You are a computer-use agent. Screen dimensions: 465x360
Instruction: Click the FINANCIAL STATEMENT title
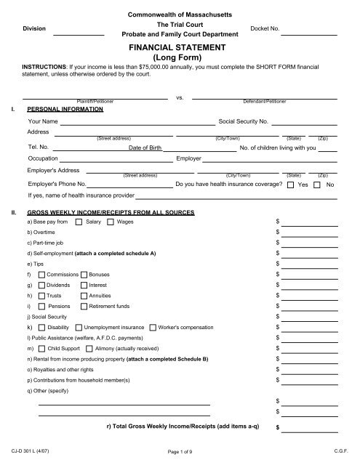(x=180, y=44)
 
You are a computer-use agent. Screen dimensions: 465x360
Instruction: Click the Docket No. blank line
(x=309, y=34)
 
